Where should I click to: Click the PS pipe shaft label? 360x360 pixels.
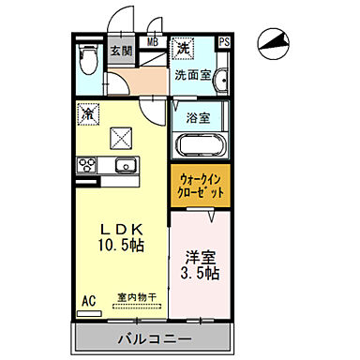coord(224,41)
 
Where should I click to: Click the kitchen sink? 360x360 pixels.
coord(124,166)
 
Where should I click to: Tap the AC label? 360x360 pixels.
coord(89,302)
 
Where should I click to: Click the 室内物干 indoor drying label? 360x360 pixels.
coord(137,299)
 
